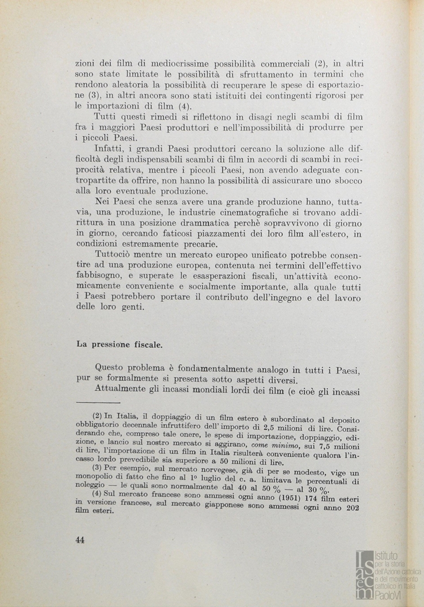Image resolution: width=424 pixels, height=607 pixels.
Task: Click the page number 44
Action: tap(80, 540)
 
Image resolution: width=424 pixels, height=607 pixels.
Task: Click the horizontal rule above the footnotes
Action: tap(98, 402)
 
